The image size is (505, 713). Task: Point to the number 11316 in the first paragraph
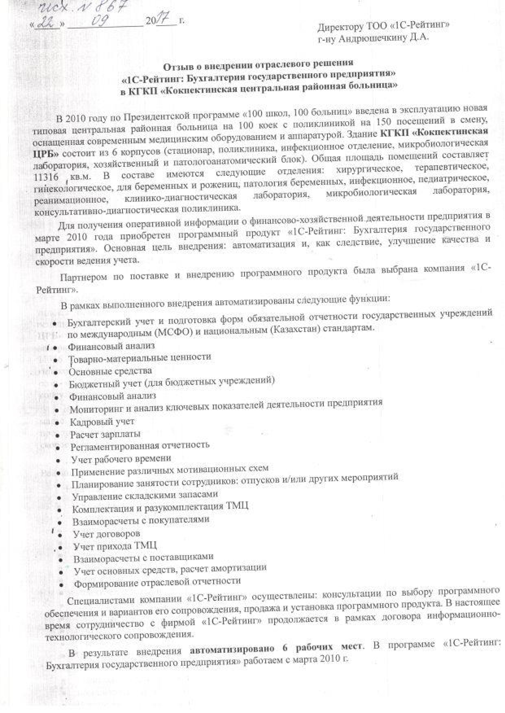pos(46,177)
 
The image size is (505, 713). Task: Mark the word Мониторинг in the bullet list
pos(92,409)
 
